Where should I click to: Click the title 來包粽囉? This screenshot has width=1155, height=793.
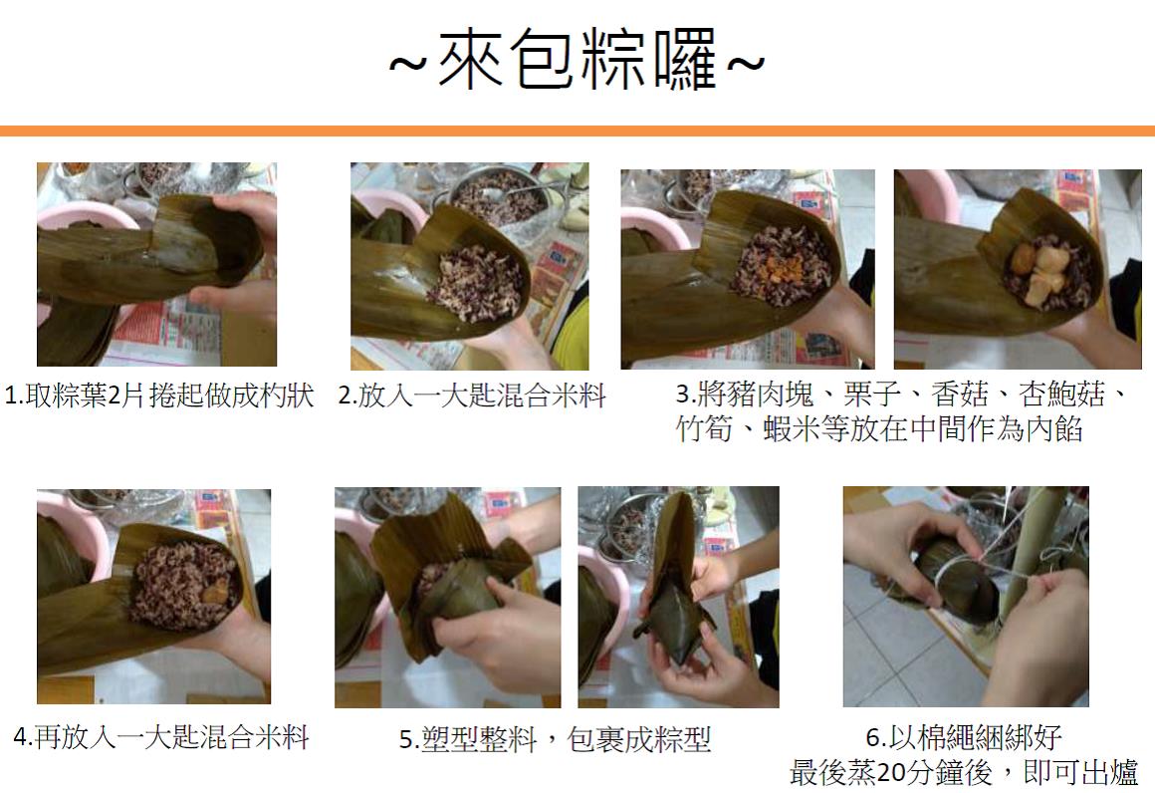(x=577, y=60)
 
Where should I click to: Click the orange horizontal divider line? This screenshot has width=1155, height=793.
(x=577, y=132)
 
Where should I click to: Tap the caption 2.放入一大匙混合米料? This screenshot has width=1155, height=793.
(x=472, y=396)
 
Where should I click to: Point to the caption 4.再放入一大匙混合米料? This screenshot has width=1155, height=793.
(x=161, y=737)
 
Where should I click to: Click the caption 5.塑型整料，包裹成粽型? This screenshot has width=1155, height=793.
(x=556, y=739)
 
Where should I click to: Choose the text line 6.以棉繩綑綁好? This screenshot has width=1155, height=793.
(x=964, y=737)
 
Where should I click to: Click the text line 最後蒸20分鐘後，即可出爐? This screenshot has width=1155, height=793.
(x=964, y=772)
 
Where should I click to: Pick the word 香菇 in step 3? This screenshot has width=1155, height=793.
(x=959, y=395)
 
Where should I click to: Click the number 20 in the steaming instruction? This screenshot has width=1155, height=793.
(x=891, y=773)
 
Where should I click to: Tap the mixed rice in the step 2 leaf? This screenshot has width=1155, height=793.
(x=480, y=282)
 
